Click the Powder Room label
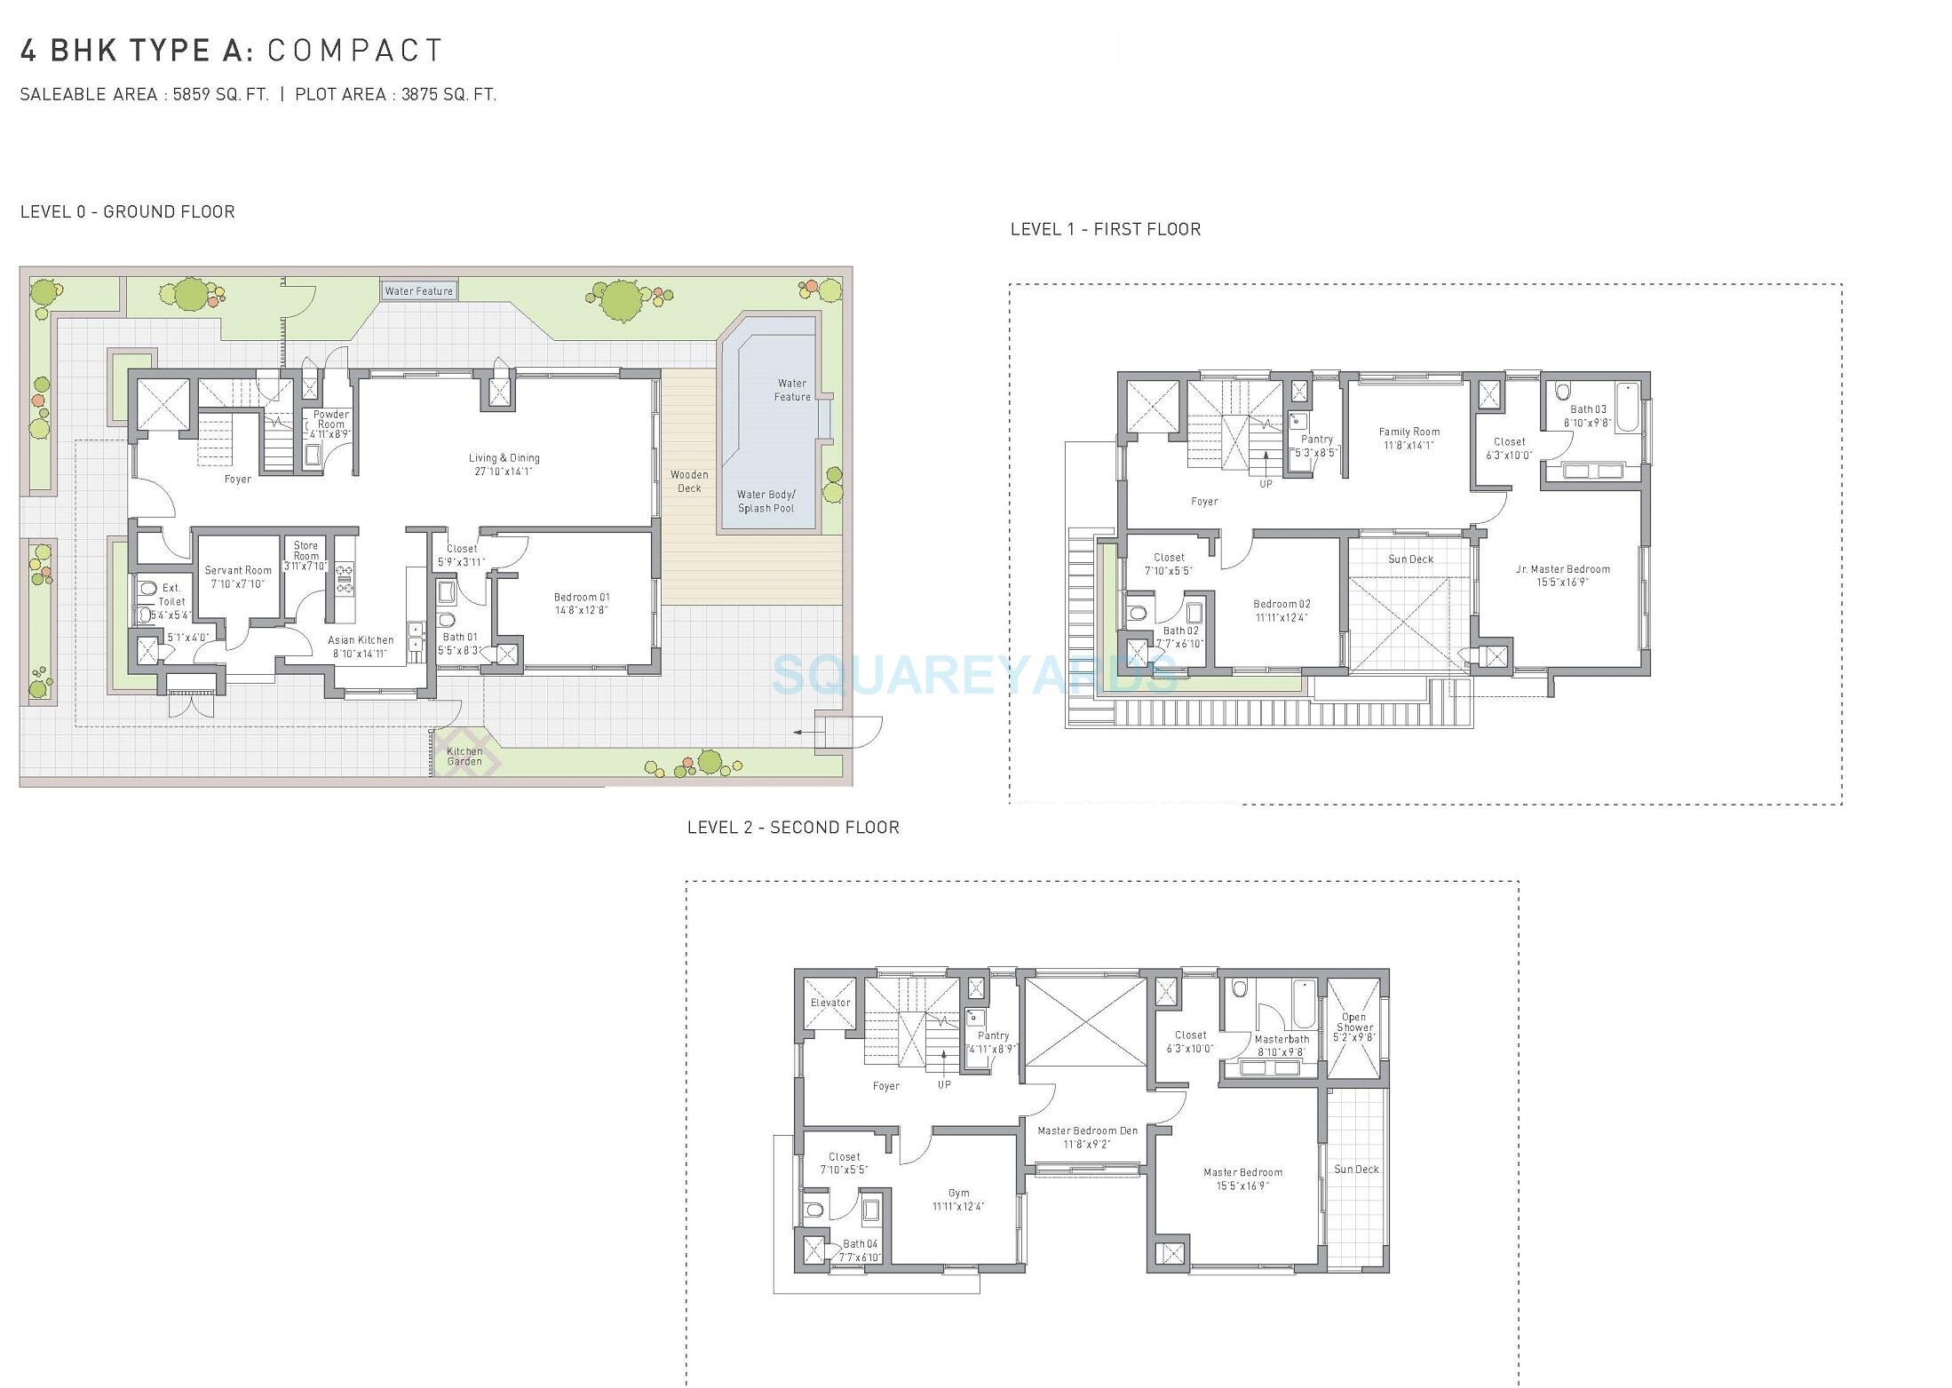(330, 419)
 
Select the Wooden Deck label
(689, 481)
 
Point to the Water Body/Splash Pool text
(766, 502)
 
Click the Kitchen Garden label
(464, 757)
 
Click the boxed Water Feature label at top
(418, 290)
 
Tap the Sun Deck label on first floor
(1410, 559)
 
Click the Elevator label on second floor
(830, 1003)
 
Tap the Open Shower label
(1353, 1022)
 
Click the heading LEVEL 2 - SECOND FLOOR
(793, 828)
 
